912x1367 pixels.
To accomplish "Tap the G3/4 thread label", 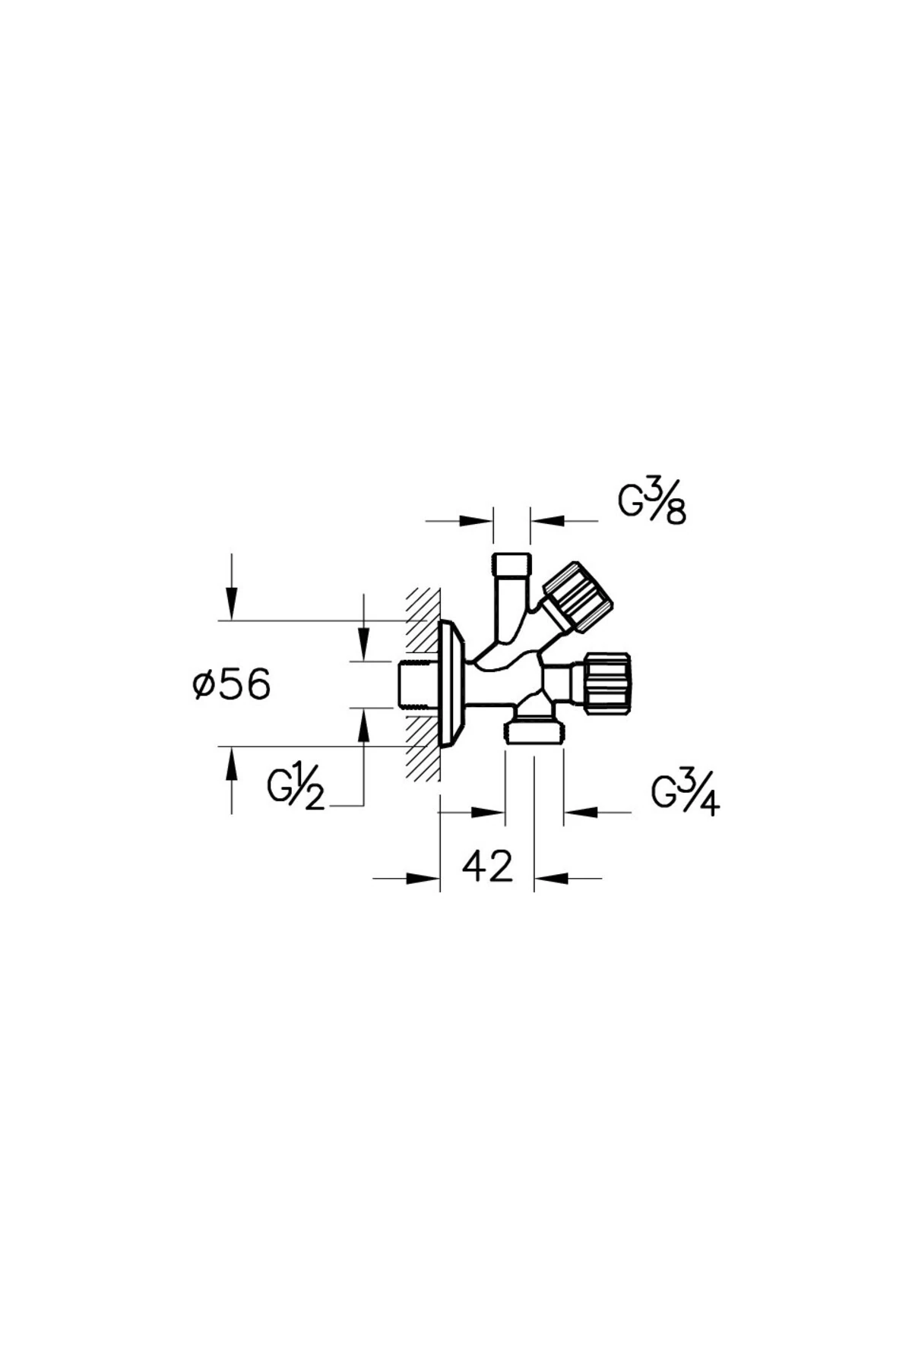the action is (x=686, y=795).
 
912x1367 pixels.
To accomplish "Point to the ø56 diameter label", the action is (x=231, y=686).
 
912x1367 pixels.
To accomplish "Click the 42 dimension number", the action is (x=487, y=867).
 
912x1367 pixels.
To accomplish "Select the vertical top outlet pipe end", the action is (x=511, y=566).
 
